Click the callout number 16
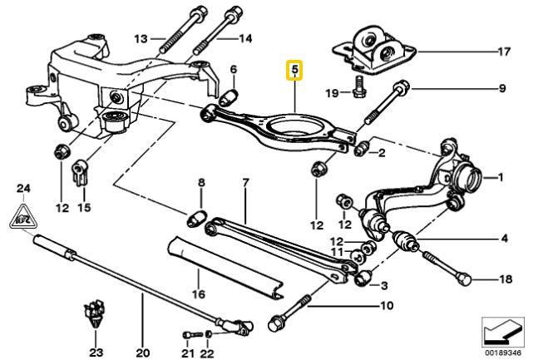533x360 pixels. tap(198, 293)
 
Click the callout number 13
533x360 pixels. tap(139, 38)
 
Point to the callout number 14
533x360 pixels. tap(245, 38)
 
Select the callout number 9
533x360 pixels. tap(501, 88)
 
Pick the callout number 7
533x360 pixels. tap(244, 182)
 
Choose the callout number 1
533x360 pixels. tap(501, 176)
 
